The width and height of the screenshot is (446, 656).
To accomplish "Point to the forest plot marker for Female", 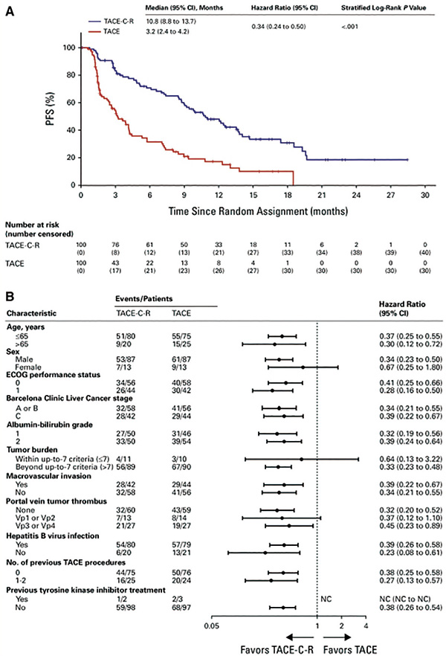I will [x=303, y=367].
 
